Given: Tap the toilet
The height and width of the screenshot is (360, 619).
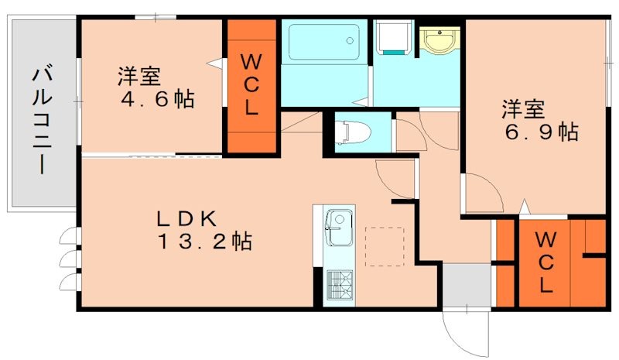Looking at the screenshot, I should click(x=353, y=132).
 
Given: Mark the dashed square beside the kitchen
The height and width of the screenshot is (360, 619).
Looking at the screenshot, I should click(x=384, y=246).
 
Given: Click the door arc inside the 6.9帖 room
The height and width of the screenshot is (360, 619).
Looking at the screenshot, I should click(x=481, y=190).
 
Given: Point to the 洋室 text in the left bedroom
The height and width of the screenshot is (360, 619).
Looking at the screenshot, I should click(x=139, y=77).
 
